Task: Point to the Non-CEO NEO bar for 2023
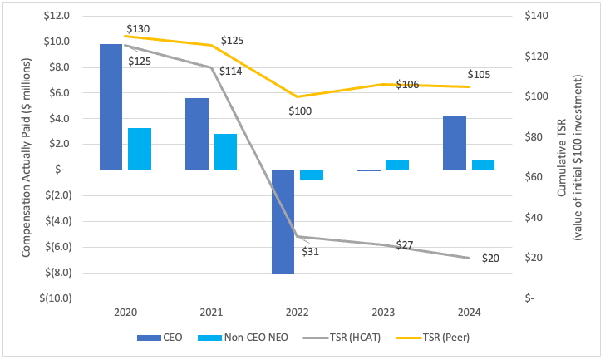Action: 397,165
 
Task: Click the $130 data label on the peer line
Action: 138,29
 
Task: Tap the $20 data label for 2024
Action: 490,259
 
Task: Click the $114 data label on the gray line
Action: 230,72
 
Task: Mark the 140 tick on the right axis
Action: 539,16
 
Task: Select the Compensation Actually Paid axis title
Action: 27,156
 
